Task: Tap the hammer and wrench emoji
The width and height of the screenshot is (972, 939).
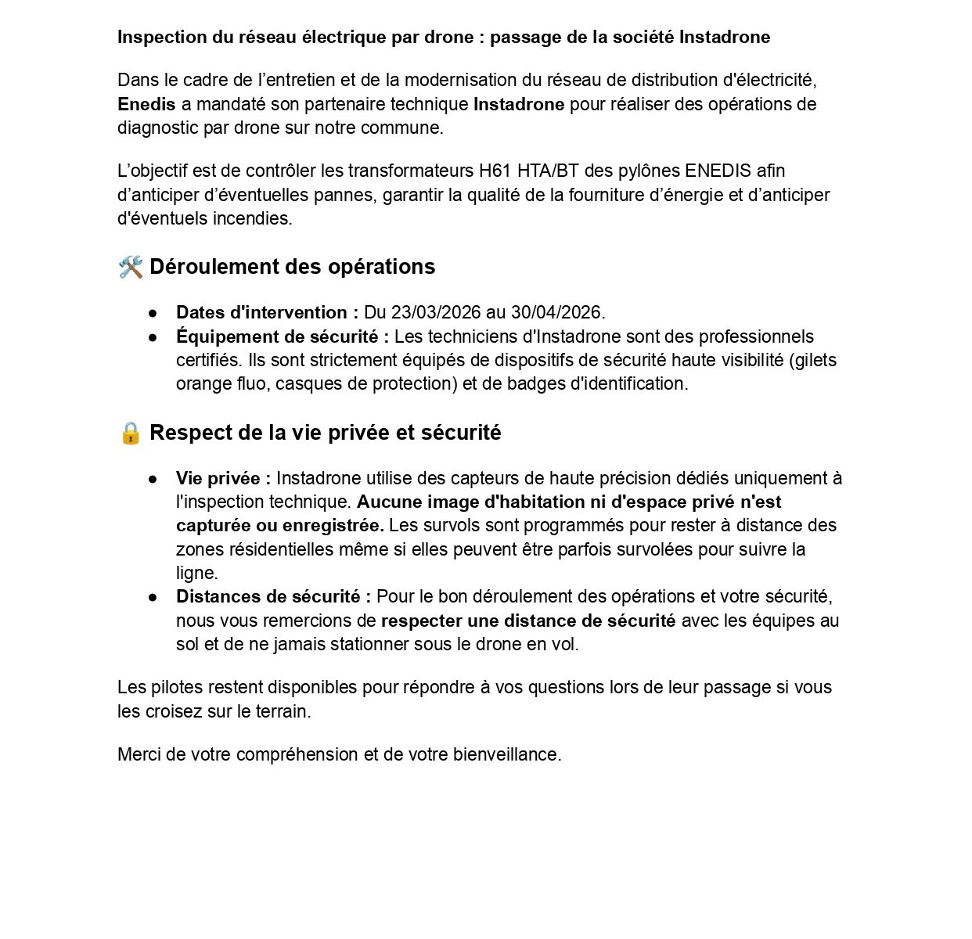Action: (131, 268)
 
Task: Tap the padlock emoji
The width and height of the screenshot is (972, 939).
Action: (131, 433)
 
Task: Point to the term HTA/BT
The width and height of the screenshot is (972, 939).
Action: (548, 171)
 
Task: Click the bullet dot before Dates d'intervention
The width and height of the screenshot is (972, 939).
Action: (153, 313)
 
